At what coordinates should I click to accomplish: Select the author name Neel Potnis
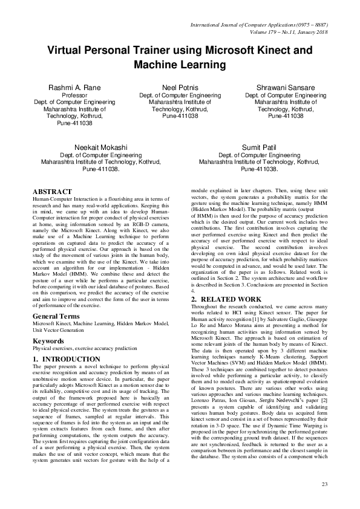(180, 88)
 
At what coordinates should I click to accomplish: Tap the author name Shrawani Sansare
(286, 88)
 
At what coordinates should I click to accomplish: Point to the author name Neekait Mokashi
(101, 148)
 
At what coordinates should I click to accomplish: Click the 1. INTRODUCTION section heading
(67, 359)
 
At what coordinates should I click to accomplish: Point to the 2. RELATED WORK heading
(226, 299)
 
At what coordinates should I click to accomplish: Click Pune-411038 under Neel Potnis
(180, 115)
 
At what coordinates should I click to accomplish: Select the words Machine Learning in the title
(180, 64)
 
